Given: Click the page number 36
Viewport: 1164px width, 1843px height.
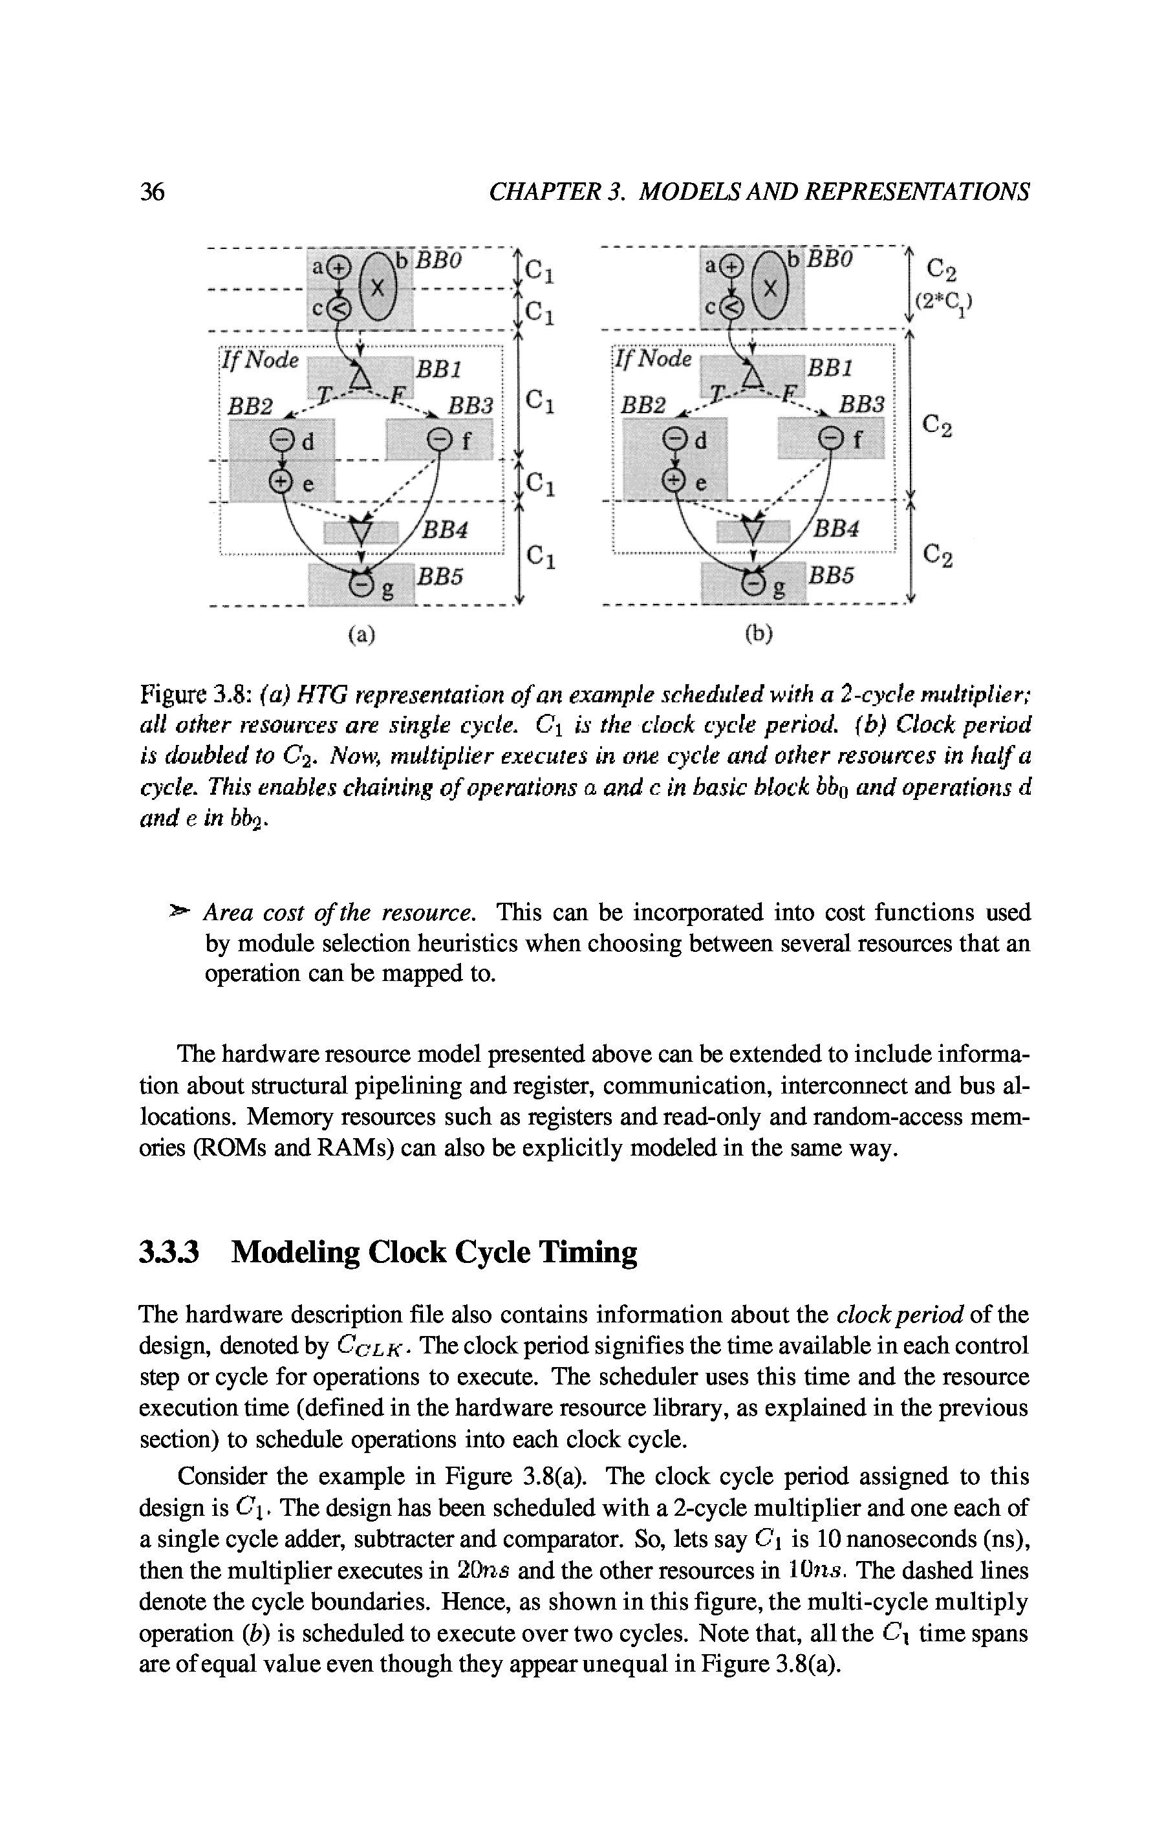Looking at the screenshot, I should point(153,191).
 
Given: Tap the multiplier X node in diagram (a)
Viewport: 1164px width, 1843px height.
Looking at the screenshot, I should point(375,289).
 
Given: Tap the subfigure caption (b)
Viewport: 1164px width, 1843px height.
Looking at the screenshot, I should point(759,634).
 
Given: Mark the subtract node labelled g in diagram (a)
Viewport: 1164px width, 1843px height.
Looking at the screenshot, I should point(360,585).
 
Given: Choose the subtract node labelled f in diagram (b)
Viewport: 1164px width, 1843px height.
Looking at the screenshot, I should point(830,439).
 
